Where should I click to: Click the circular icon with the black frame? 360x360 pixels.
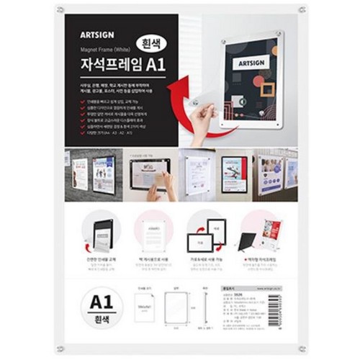[x=103, y=230]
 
